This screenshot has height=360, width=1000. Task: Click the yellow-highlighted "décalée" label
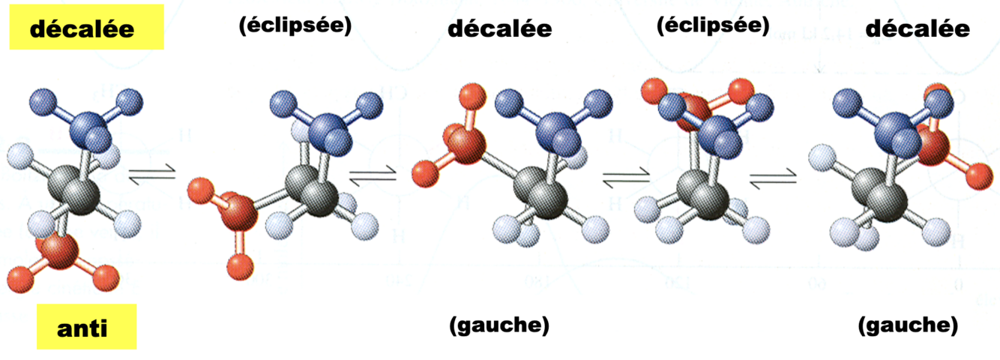(x=82, y=29)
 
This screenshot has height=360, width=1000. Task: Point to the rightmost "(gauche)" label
(x=907, y=325)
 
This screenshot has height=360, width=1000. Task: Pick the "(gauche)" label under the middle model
(x=499, y=325)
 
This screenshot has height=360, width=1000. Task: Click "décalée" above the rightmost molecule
(x=918, y=29)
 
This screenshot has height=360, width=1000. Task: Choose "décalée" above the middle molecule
(x=499, y=29)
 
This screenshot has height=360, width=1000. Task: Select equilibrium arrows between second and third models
(x=373, y=177)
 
